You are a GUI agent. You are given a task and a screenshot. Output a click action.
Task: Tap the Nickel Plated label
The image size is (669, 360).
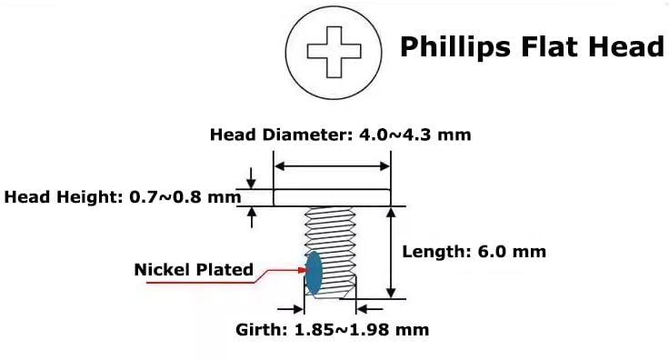click(194, 270)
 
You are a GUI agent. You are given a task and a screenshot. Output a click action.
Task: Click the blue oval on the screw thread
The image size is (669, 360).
click(315, 273)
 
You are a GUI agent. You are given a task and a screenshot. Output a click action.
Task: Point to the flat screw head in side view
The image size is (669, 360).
click(333, 196)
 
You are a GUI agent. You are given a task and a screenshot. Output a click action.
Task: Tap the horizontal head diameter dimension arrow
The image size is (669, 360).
click(333, 166)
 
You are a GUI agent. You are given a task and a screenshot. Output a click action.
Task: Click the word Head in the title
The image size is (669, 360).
click(630, 46)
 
